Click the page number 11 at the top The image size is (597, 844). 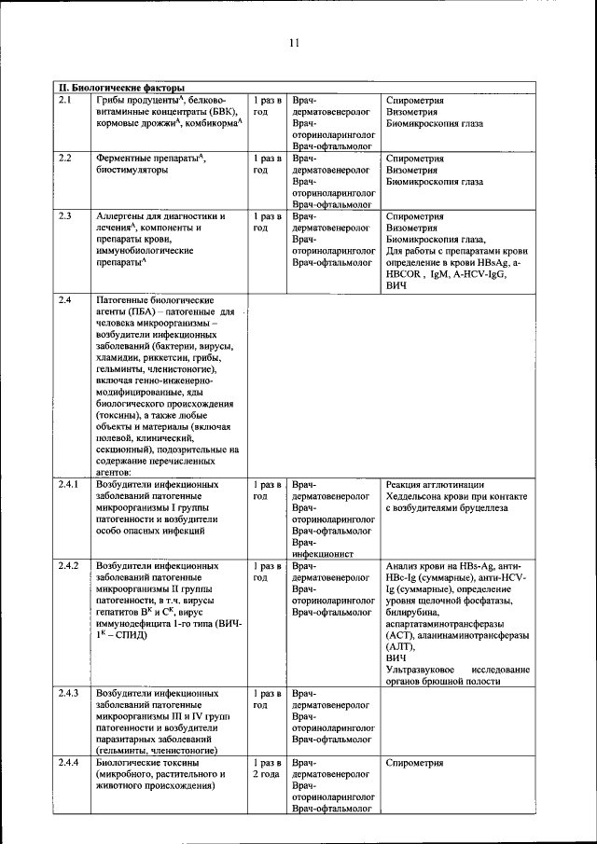click(294, 43)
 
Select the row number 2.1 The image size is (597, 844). click(65, 100)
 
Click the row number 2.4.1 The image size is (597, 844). click(69, 485)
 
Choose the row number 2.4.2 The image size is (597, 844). click(69, 566)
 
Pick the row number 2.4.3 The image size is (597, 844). click(69, 694)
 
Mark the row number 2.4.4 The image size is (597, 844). click(69, 763)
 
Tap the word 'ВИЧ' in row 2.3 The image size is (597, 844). click(396, 288)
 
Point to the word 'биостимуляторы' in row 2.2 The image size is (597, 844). click(132, 171)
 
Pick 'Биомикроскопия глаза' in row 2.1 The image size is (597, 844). click(434, 123)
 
